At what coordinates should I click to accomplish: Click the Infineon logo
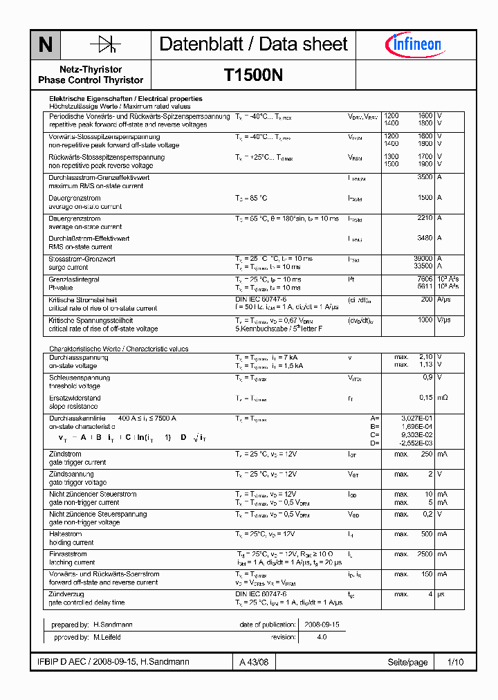click(x=414, y=45)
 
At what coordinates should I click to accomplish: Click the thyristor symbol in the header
click(x=105, y=45)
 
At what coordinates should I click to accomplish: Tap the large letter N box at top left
click(x=46, y=46)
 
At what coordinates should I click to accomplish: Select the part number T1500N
click(x=253, y=75)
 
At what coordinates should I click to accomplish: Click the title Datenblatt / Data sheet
click(x=253, y=45)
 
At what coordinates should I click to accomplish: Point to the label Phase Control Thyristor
click(x=91, y=80)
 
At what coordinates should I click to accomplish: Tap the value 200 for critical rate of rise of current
click(x=426, y=300)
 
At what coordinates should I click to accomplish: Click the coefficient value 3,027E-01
click(x=417, y=418)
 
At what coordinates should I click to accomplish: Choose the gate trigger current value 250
click(x=426, y=454)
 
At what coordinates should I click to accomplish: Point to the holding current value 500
click(x=426, y=534)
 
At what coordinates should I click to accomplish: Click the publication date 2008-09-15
click(x=322, y=625)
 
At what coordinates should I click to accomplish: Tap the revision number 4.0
click(x=322, y=637)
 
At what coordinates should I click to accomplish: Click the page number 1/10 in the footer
click(x=455, y=663)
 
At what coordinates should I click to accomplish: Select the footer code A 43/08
click(x=253, y=663)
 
